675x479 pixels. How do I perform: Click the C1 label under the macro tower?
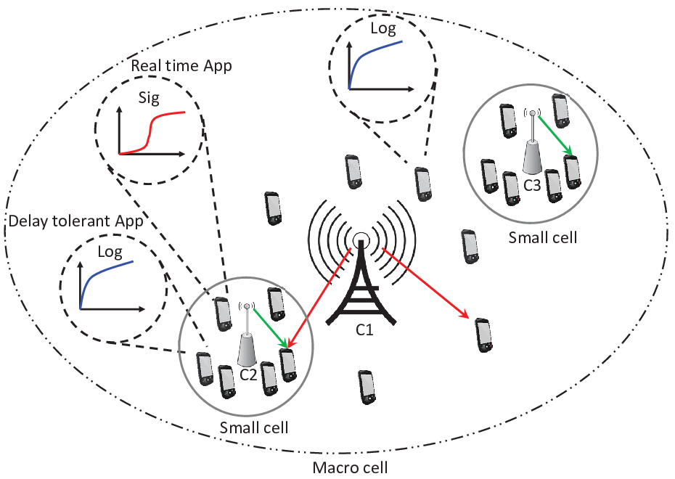(x=364, y=329)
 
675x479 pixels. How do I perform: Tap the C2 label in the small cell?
(x=248, y=374)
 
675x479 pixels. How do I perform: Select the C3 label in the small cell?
(x=531, y=185)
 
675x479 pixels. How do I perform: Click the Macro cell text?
(x=350, y=467)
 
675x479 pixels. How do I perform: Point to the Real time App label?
(x=181, y=66)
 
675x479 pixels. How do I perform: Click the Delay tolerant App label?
(x=75, y=221)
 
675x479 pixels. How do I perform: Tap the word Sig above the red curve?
(x=149, y=99)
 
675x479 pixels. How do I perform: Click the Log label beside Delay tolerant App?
(x=110, y=252)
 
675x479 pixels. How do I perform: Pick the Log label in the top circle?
(x=383, y=28)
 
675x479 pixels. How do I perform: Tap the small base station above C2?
(x=247, y=334)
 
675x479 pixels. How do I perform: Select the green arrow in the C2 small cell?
(x=270, y=328)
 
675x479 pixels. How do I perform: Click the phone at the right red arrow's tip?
(x=483, y=335)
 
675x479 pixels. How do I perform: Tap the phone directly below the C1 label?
(x=367, y=388)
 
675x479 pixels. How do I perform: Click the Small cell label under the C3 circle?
(x=542, y=237)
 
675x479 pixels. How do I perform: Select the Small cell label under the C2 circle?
(x=254, y=427)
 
